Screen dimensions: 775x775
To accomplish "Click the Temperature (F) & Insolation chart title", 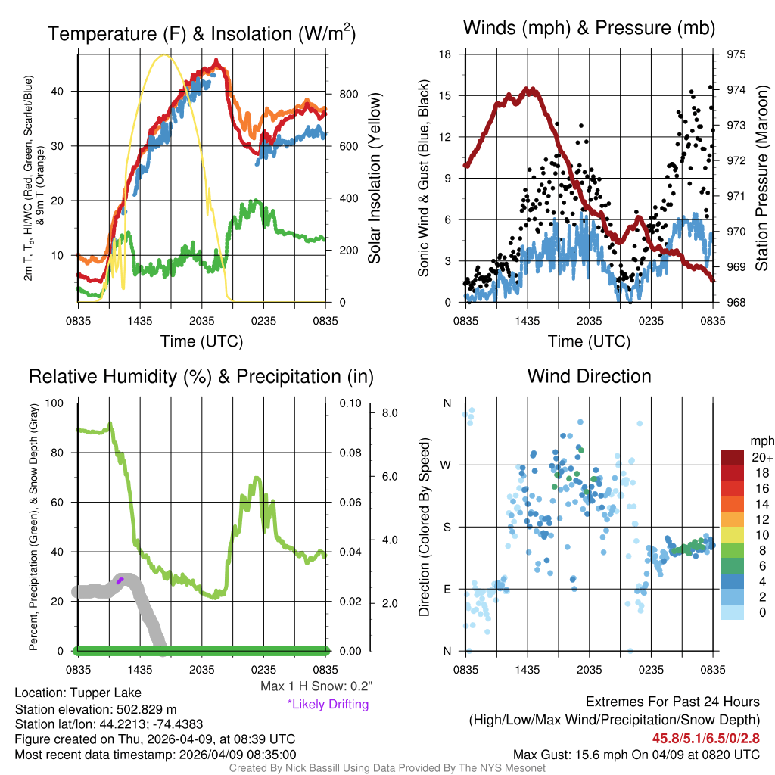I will click(201, 34).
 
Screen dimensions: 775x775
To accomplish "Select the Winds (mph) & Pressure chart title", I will click(589, 29).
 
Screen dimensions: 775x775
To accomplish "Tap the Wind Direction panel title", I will click(589, 376).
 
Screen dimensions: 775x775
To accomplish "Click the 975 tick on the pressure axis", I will click(735, 54).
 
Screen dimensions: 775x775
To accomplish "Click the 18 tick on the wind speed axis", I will click(446, 54).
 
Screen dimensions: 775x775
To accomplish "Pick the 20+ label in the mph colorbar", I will click(761, 457).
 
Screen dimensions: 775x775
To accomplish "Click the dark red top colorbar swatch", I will click(733, 457).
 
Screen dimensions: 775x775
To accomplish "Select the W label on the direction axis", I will click(447, 465).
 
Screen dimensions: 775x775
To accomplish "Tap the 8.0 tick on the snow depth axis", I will click(390, 413).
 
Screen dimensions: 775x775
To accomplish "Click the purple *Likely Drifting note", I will click(328, 705).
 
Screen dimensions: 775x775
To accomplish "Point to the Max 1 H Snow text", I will click(316, 686).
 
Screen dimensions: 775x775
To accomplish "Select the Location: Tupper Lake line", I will click(78, 693).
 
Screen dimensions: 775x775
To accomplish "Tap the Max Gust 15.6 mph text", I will click(636, 755).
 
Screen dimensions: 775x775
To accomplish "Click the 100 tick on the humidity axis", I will click(54, 403).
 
